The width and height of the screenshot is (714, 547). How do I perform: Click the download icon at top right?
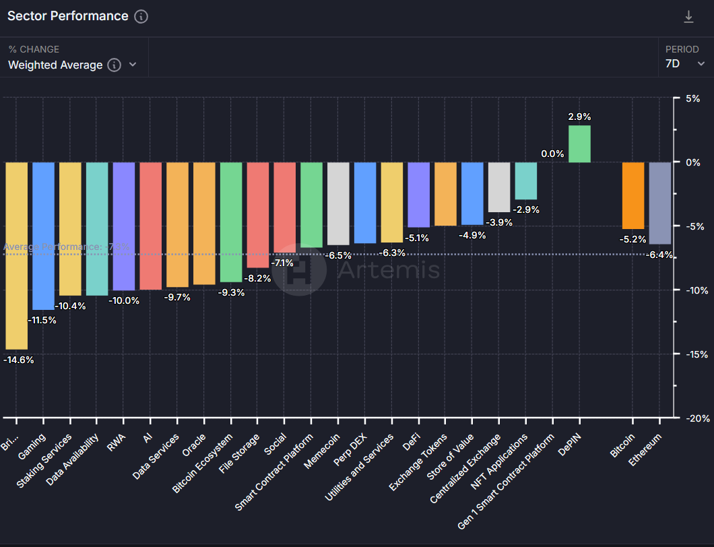(x=688, y=17)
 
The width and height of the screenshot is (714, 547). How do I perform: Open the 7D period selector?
(x=682, y=64)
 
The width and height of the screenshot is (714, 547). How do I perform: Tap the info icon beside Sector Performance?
(x=141, y=17)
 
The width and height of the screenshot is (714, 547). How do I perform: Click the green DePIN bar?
(x=579, y=144)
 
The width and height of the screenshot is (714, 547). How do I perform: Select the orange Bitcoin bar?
(x=633, y=195)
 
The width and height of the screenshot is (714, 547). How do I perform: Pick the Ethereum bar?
(x=660, y=203)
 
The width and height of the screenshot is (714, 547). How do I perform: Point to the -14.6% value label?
(x=19, y=360)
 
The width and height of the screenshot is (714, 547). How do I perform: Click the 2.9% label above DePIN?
(x=579, y=117)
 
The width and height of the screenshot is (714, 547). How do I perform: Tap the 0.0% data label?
(x=552, y=154)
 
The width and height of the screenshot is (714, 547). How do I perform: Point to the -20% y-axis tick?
(x=693, y=418)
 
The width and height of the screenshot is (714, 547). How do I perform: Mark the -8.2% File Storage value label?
(x=257, y=278)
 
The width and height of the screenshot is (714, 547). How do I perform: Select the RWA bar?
(x=124, y=226)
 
